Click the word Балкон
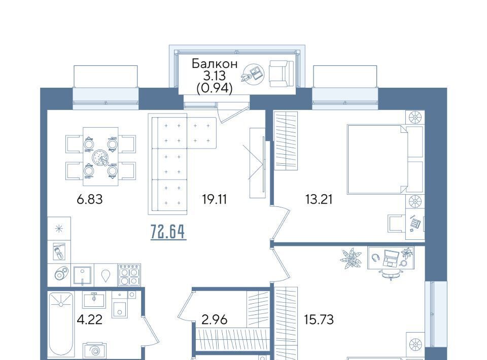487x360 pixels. coord(215,63)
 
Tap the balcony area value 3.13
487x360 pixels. coord(214,76)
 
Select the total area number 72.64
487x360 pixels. coord(168,231)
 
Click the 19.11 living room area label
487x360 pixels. coord(214,199)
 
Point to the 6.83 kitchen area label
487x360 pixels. coord(89,199)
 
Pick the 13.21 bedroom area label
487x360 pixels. coord(319,199)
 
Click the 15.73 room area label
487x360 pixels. coord(319,319)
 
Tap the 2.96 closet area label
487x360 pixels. coord(214,319)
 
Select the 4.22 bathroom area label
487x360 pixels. coord(89,319)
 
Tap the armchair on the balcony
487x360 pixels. coord(282,74)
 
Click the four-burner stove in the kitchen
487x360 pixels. coord(129,275)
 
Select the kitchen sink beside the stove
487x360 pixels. coord(82,275)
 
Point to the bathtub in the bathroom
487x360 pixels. coord(61,325)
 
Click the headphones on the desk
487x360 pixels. coord(376,258)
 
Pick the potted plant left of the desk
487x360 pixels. coord(352,258)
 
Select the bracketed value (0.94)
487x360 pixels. coord(214,89)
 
